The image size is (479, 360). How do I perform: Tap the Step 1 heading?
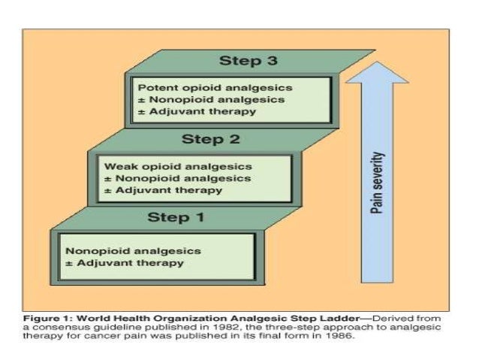point(174,218)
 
